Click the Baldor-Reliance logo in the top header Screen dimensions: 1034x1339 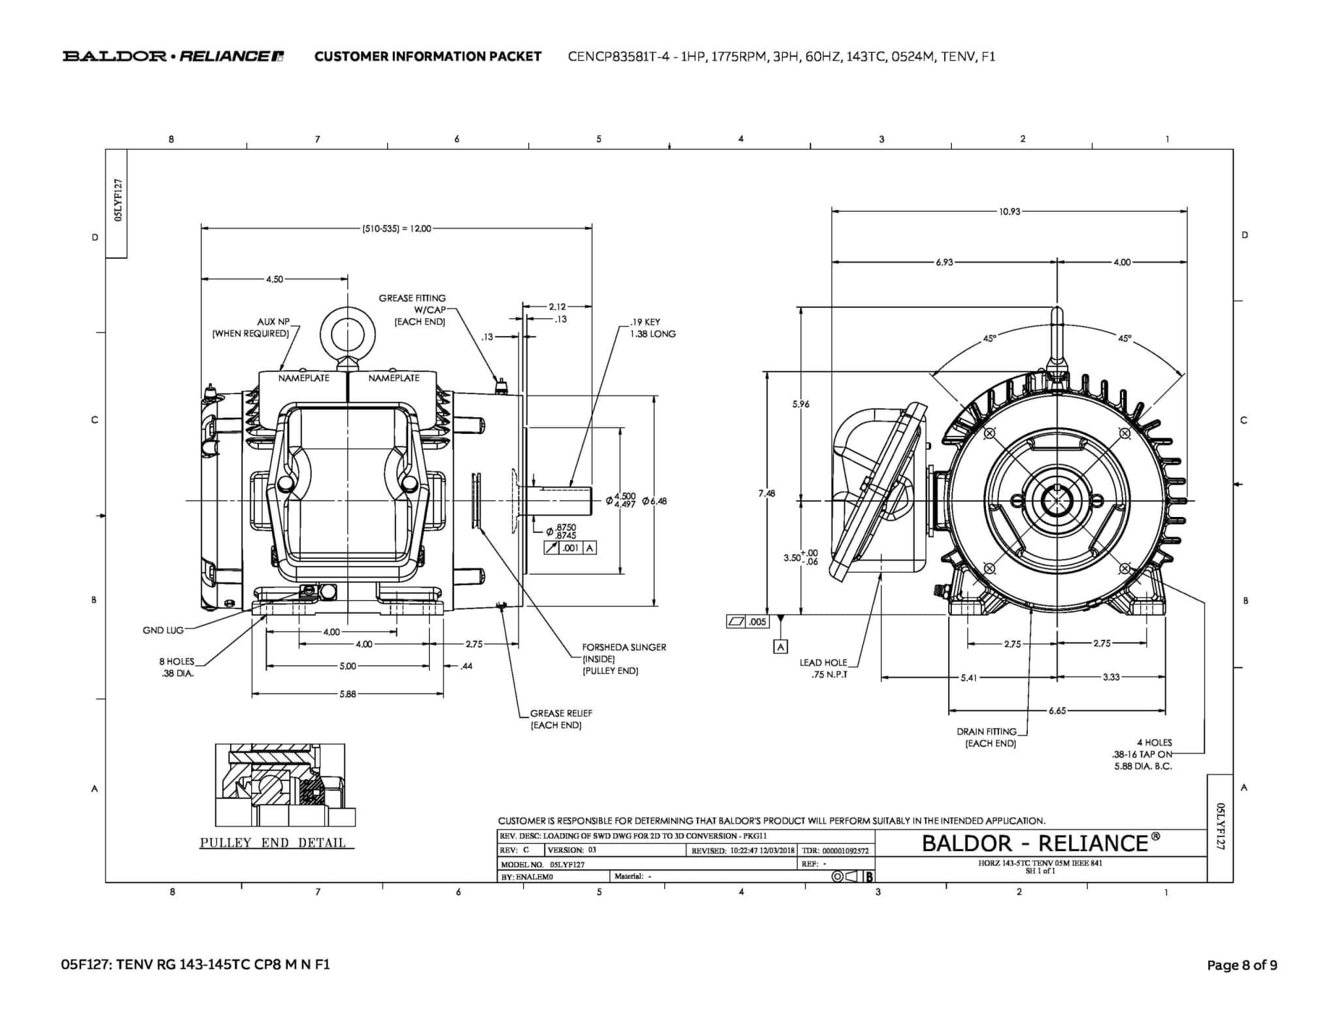[173, 56]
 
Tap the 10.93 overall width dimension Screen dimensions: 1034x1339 [1009, 212]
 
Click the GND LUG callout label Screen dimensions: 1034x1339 [163, 630]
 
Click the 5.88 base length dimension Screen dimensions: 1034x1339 [348, 694]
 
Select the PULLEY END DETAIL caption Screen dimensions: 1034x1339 [273, 842]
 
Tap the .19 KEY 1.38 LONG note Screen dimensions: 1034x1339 [653, 328]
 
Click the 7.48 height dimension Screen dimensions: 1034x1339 [767, 493]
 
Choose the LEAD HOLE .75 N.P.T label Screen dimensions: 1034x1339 [823, 668]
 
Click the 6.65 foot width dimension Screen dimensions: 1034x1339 [1057, 710]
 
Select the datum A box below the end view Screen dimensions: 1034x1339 [780, 646]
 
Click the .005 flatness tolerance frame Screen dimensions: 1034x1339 [749, 622]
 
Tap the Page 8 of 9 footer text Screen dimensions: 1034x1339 [1242, 965]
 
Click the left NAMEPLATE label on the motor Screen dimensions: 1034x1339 [304, 378]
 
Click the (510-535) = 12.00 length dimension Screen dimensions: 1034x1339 [397, 229]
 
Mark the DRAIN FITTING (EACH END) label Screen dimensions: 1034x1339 [987, 737]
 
